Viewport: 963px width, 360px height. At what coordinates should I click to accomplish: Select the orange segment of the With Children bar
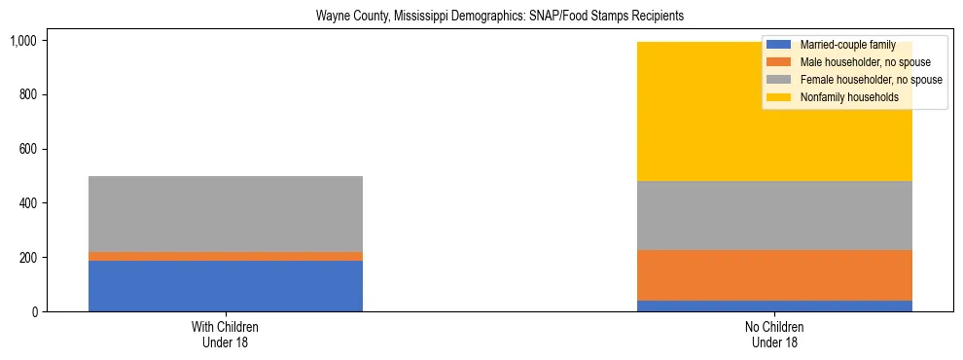[226, 256]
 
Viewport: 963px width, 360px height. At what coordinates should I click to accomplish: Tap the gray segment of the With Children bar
[226, 214]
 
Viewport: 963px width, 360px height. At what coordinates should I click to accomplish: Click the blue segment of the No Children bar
[774, 306]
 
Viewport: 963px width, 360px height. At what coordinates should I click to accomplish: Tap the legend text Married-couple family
[847, 45]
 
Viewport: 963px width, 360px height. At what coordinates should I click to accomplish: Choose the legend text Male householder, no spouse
[865, 62]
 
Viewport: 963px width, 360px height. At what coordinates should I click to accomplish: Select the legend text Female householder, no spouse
[871, 80]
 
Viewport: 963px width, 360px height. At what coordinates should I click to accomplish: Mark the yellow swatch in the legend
[779, 97]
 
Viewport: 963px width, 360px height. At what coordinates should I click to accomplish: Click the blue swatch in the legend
[779, 45]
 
